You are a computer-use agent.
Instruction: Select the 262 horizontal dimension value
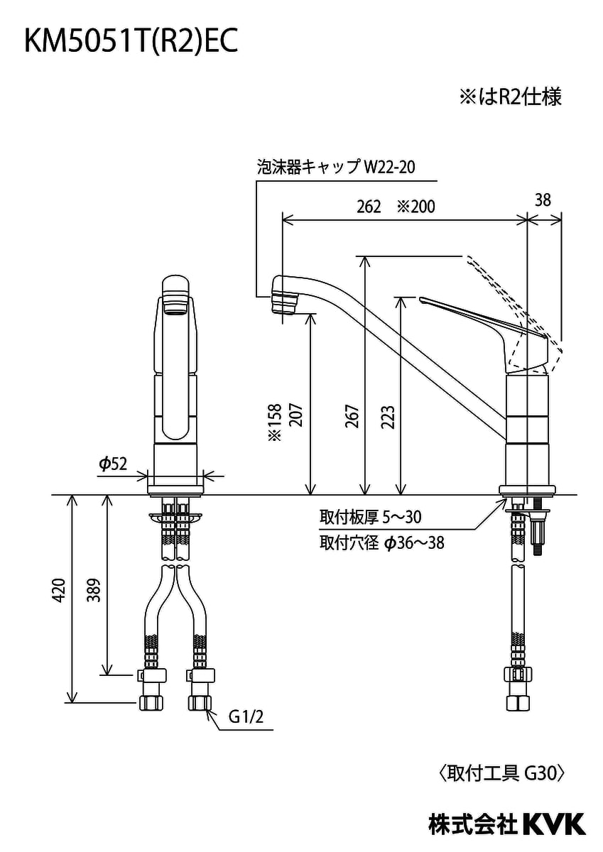tap(369, 207)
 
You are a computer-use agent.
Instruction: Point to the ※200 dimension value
tap(415, 207)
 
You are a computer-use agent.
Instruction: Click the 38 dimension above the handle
tap(543, 200)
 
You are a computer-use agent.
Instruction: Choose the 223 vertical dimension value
tap(389, 417)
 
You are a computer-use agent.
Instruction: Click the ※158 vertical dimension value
tap(275, 422)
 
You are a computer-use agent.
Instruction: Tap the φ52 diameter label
tap(113, 464)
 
